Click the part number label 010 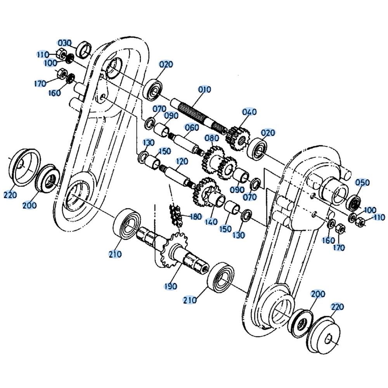pos(204,89)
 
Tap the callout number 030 pos(65,43)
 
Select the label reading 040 pos(249,112)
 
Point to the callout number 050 pos(362,182)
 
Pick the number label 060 pos(192,127)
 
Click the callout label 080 pos(212,138)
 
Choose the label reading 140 pos(211,222)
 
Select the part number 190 pos(170,286)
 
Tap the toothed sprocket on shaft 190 pos(172,248)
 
